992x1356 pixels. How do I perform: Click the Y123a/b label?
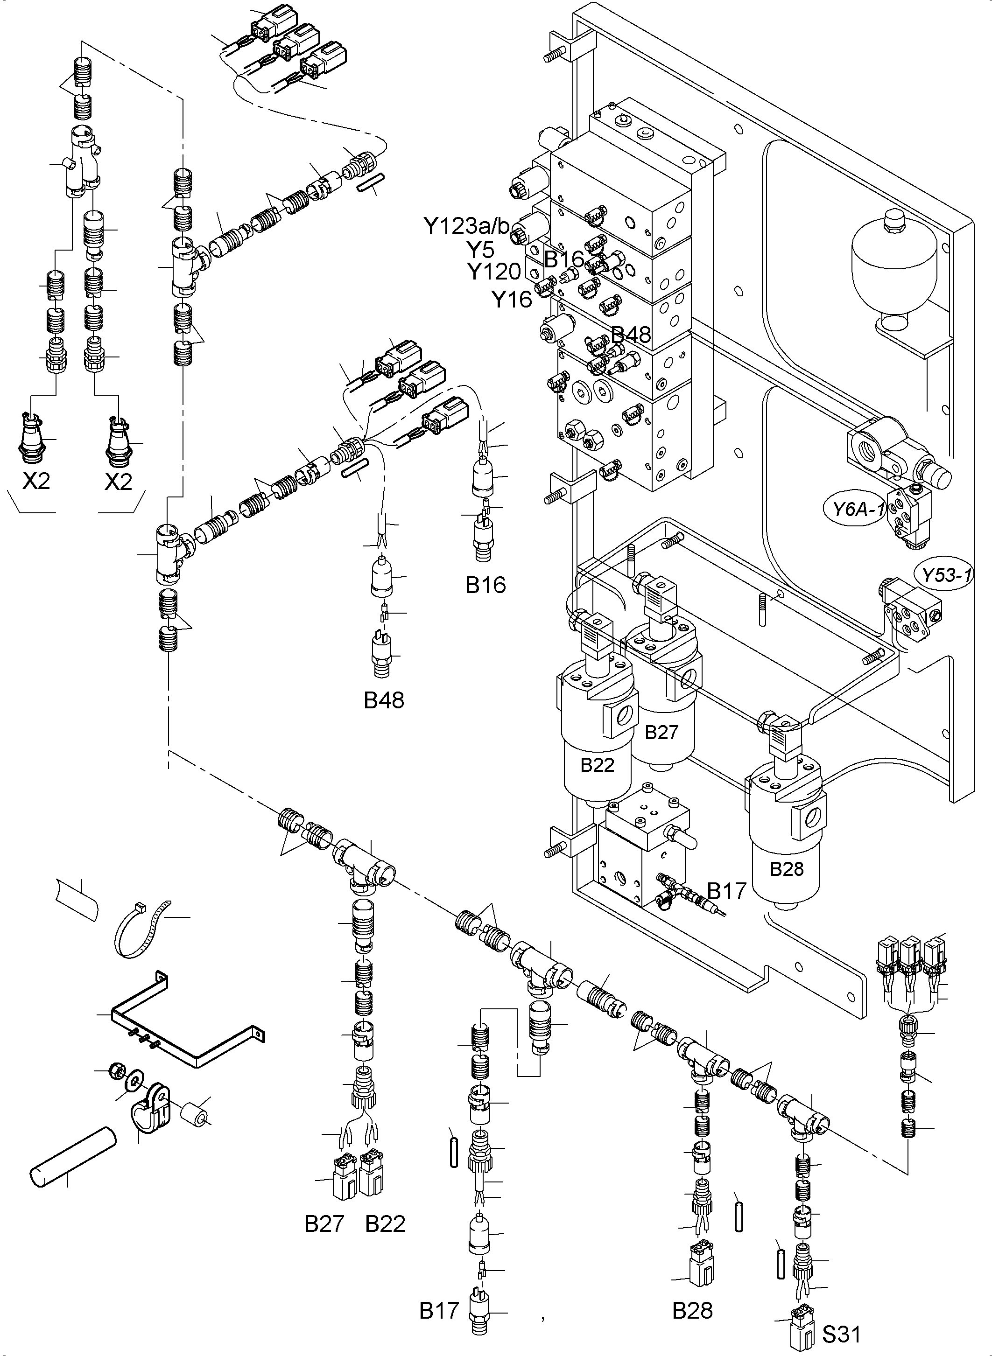466,226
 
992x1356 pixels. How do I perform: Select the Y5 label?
480,249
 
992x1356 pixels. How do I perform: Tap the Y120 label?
493,272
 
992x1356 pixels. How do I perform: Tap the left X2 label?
36,481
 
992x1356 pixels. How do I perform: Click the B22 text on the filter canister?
597,765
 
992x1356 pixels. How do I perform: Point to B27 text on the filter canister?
661,732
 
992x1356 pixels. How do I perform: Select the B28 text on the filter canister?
786,868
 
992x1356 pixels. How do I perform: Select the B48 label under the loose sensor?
384,700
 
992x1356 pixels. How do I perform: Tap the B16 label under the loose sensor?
485,585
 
